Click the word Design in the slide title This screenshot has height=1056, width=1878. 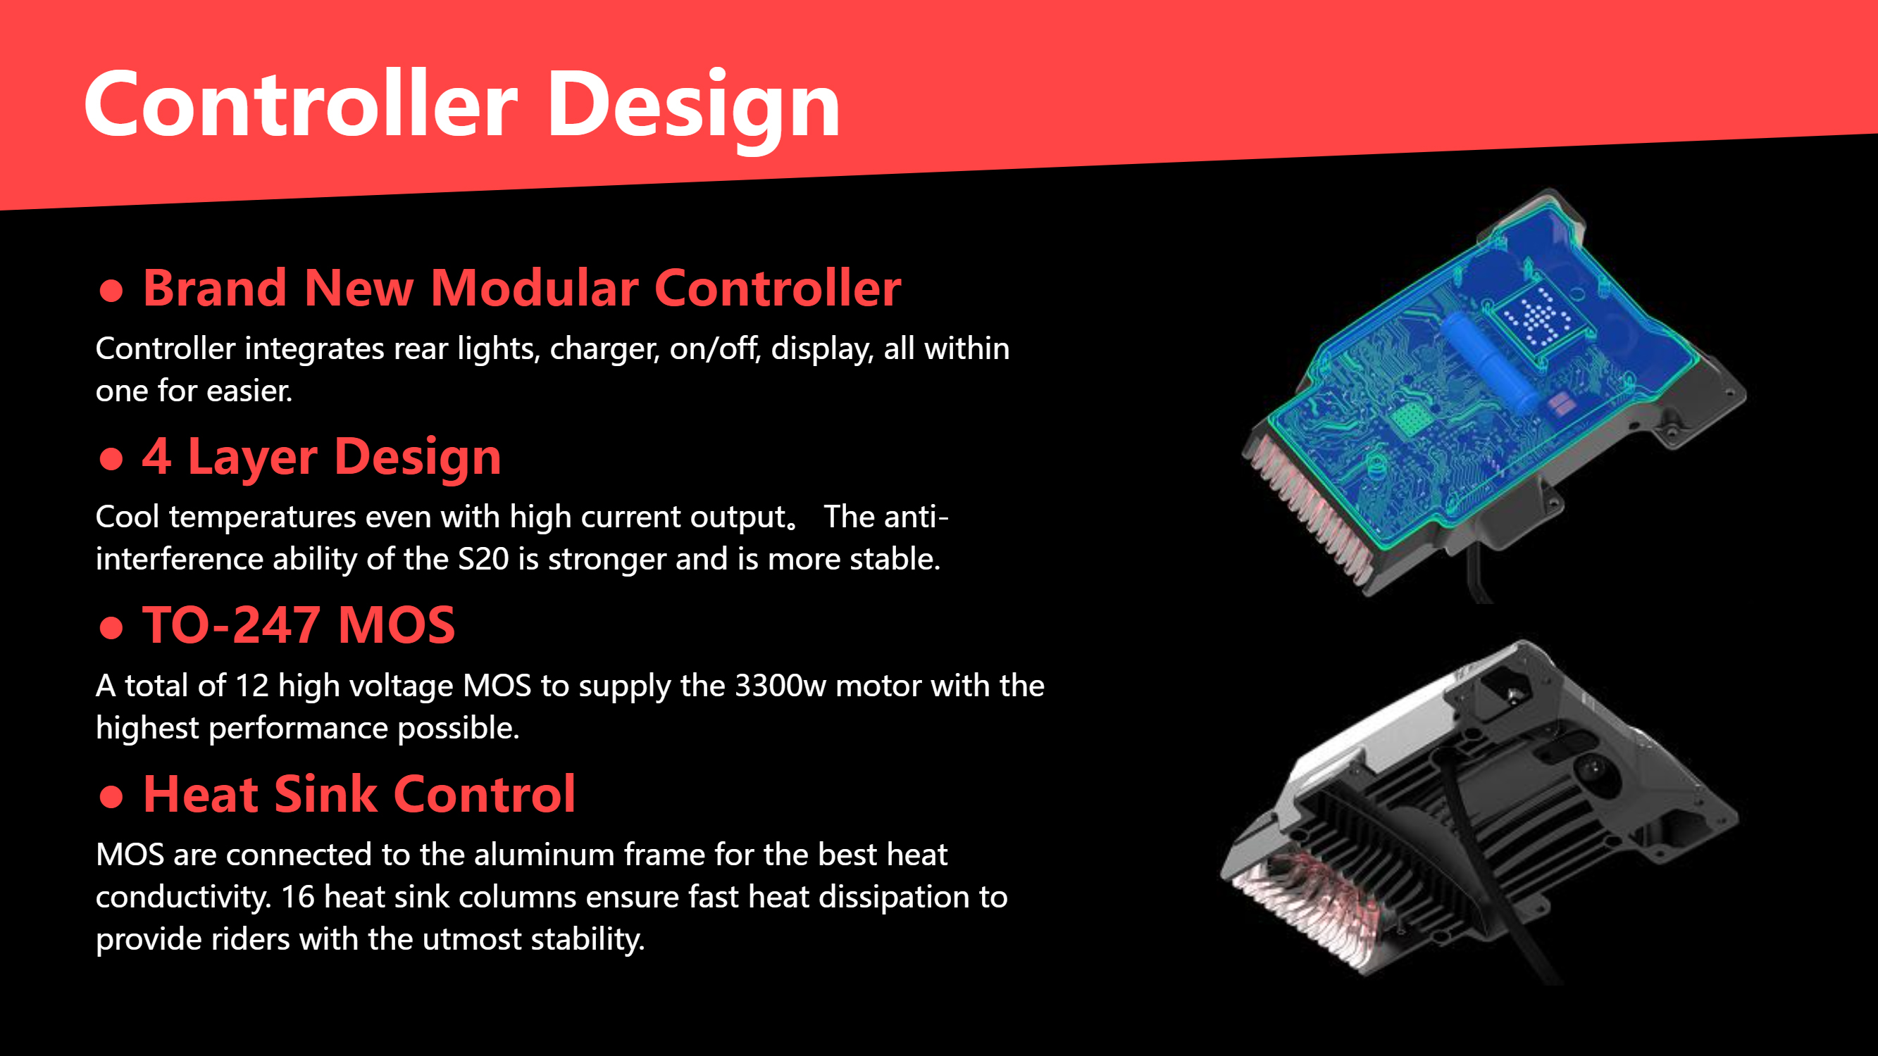693,109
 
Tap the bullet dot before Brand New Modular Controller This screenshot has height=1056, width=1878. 111,290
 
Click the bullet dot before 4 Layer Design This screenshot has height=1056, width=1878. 111,458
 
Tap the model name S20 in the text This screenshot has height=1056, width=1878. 483,559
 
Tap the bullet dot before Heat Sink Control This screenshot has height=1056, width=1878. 111,796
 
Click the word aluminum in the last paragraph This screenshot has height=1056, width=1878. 545,855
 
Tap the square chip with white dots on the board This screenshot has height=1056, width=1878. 1537,318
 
